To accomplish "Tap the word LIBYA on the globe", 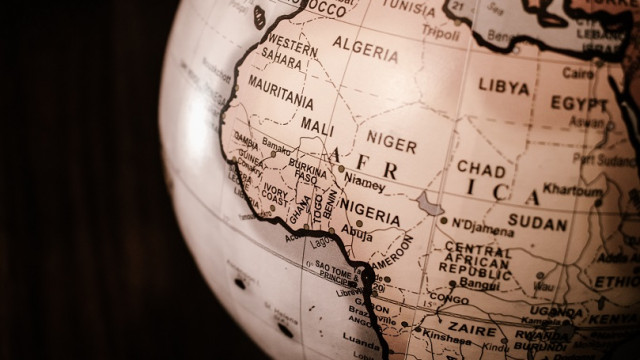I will pos(503,86).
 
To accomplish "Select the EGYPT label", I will pos(579,103).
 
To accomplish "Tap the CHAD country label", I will pos(481,169).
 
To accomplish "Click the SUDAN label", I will pos(537,221).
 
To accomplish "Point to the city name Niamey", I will pos(364,185).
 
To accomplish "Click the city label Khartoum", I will pos(573,189).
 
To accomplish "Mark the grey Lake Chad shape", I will pos(430,204).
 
